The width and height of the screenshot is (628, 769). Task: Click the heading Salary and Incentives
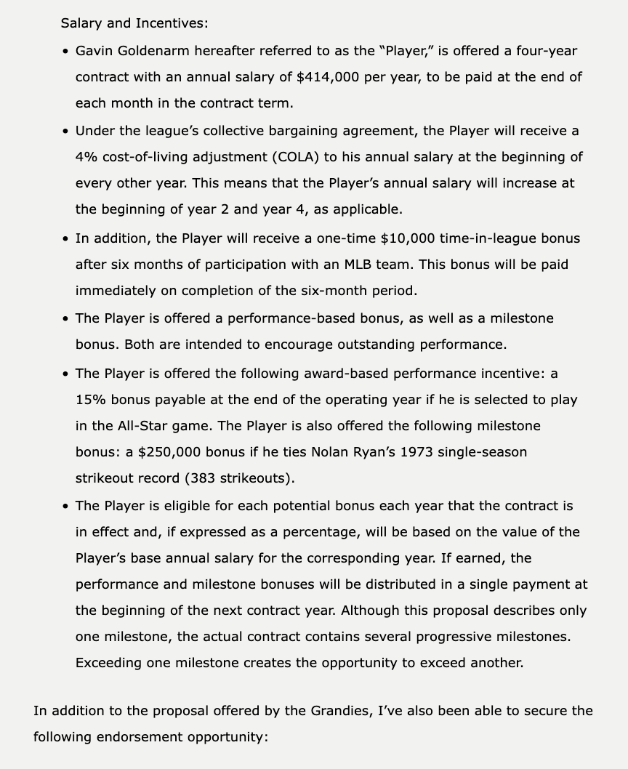coord(134,23)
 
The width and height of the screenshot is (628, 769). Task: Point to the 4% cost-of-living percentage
coord(86,157)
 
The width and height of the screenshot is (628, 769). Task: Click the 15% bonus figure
coord(90,400)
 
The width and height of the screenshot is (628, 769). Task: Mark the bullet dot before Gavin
coord(66,52)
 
